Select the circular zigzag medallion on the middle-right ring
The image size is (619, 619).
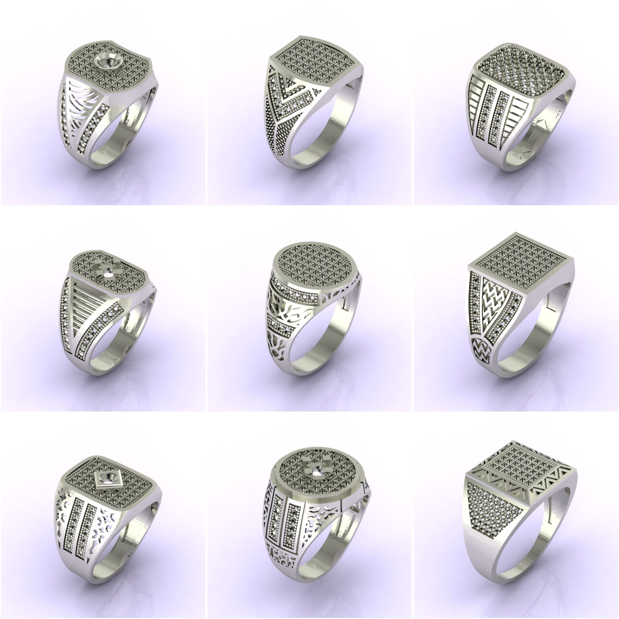click(x=482, y=349)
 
